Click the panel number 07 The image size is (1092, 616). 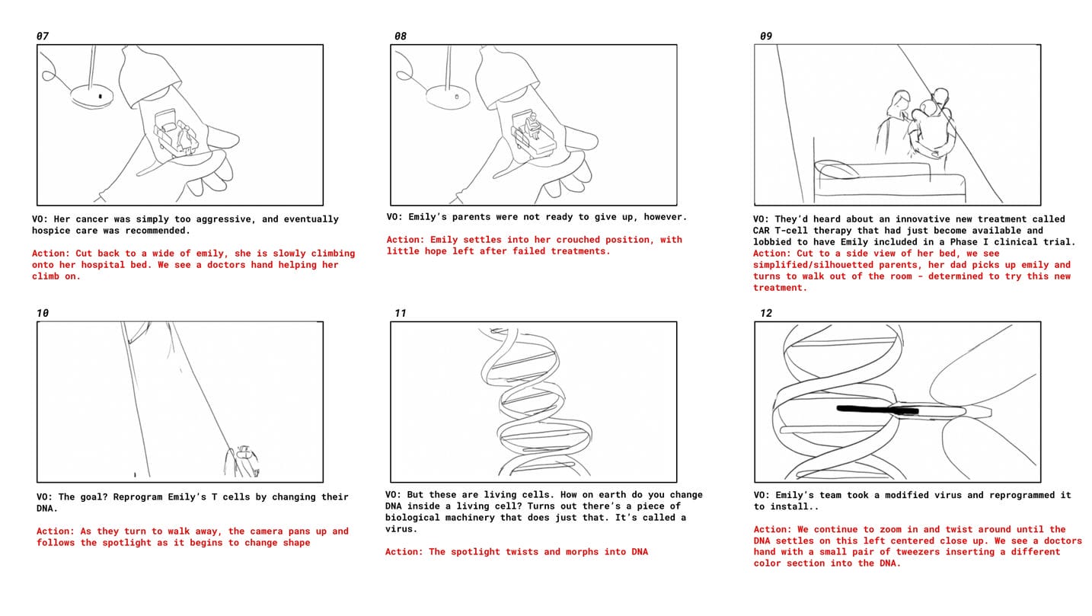click(43, 36)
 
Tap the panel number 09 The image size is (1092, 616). click(766, 36)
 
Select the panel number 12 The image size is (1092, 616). click(766, 313)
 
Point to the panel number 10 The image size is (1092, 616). click(43, 313)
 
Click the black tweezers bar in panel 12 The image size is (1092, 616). click(877, 410)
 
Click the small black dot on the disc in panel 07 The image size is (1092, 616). click(101, 97)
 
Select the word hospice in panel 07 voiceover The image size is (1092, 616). click(51, 231)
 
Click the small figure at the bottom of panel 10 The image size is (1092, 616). click(242, 461)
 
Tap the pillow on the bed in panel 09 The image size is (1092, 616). click(838, 170)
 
